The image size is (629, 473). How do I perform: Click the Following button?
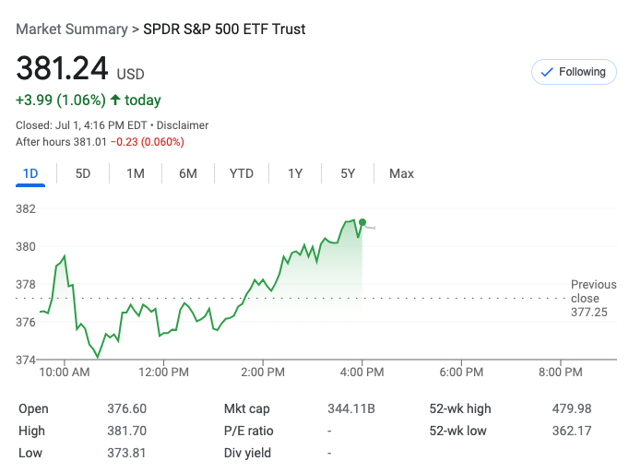click(573, 72)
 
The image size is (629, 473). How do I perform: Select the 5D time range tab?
click(83, 173)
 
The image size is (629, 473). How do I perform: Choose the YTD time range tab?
click(242, 173)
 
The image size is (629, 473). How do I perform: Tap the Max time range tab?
click(401, 173)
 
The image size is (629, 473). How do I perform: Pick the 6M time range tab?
click(188, 173)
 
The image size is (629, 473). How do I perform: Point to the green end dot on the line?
click(362, 222)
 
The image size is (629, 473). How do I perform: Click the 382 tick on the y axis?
click(26, 208)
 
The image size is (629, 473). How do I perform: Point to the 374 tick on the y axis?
click(26, 360)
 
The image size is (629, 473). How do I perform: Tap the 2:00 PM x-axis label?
click(263, 372)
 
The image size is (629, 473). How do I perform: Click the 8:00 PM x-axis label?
click(561, 372)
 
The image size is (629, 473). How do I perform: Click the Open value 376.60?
click(126, 408)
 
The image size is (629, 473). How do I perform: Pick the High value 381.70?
click(126, 431)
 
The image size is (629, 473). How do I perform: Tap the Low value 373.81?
click(126, 453)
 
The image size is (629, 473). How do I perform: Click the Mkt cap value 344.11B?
click(351, 408)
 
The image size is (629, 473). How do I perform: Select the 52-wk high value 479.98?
click(572, 408)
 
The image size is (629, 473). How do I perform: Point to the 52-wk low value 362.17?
click(572, 431)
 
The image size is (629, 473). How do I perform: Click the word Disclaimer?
click(183, 125)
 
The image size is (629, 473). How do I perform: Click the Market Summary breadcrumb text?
click(72, 30)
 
